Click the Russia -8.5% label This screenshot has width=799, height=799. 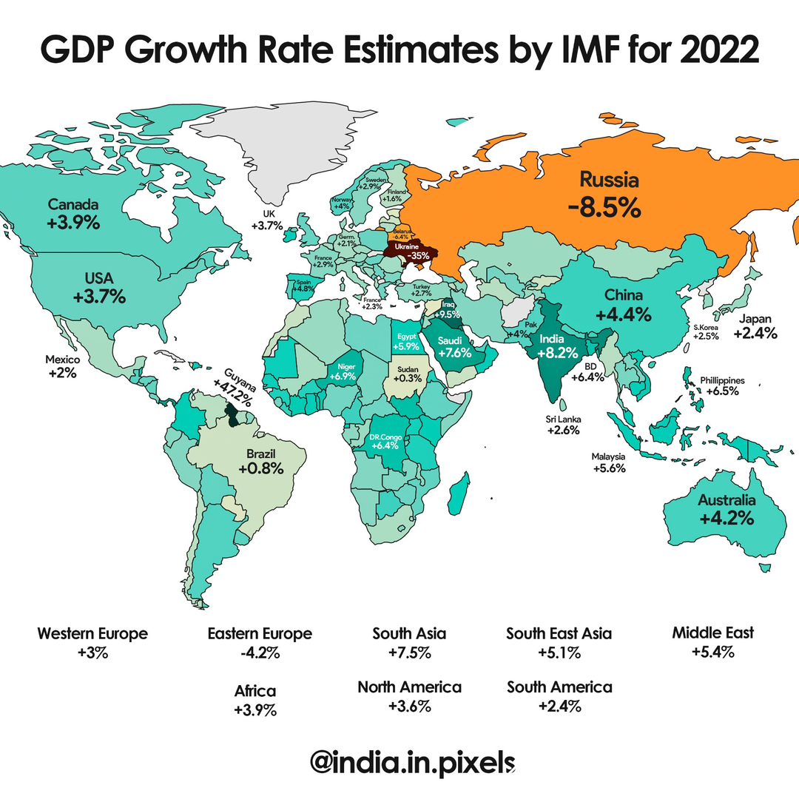604,194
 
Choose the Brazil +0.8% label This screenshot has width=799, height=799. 261,460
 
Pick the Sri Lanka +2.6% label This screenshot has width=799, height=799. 563,424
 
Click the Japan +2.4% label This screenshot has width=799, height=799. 755,326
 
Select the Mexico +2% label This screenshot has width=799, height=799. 62,366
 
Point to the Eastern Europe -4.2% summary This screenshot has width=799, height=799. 260,643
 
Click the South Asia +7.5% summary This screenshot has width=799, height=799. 409,643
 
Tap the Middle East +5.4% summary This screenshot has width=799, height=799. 713,641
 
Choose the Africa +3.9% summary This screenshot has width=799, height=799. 255,701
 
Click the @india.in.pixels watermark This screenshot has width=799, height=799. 412,762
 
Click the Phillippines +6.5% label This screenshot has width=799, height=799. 722,385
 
